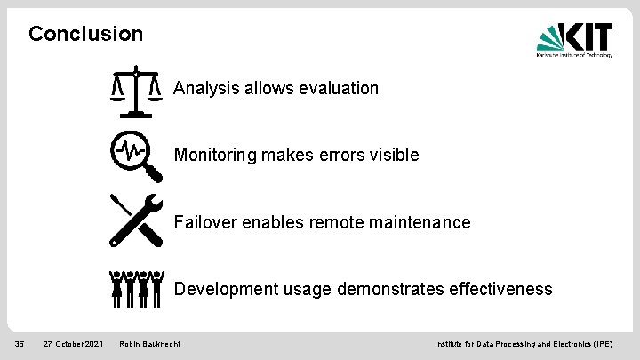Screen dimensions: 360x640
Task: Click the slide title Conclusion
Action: coord(85,35)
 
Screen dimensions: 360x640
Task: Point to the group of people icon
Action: coord(136,288)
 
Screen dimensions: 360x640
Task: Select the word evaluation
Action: coord(339,88)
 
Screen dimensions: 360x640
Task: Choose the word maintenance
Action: coord(416,222)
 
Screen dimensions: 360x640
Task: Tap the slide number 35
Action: coord(18,343)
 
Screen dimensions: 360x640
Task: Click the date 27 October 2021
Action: coord(74,343)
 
